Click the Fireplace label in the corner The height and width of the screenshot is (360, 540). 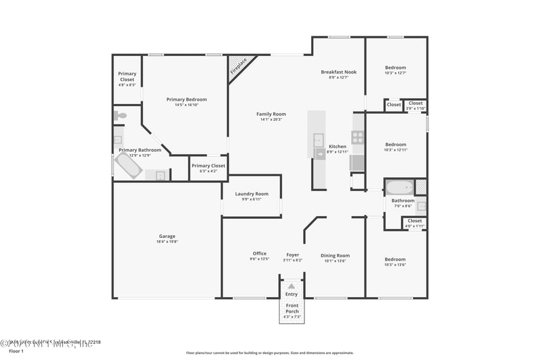click(x=238, y=66)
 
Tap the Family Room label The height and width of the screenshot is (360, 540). click(x=271, y=114)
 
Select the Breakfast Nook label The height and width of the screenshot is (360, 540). click(x=338, y=72)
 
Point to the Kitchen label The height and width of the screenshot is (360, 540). click(x=337, y=147)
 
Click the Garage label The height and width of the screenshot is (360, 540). click(x=167, y=236)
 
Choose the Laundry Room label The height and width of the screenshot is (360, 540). click(x=252, y=194)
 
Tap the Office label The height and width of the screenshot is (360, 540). click(x=260, y=254)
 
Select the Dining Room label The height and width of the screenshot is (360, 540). click(x=335, y=255)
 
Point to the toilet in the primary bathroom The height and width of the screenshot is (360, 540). click(x=119, y=116)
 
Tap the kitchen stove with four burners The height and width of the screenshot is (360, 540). click(x=358, y=138)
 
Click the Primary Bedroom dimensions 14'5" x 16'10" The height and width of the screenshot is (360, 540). click(x=186, y=105)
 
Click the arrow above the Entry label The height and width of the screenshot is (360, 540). click(x=292, y=286)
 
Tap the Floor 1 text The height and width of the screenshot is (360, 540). click(x=16, y=352)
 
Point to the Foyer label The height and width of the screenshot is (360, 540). click(x=292, y=255)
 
